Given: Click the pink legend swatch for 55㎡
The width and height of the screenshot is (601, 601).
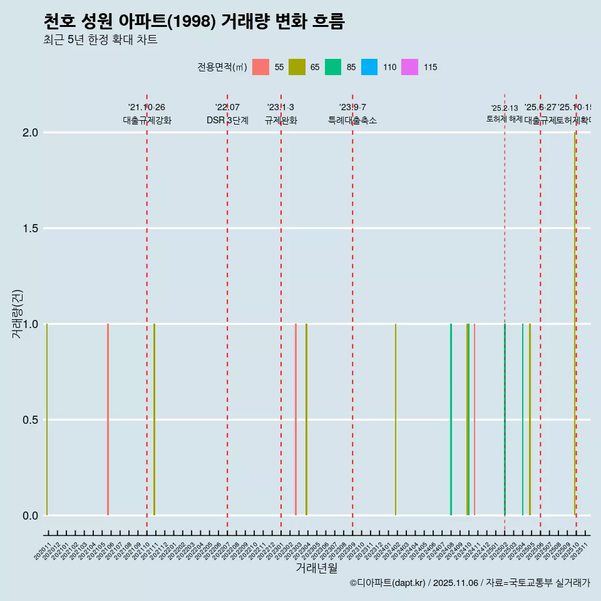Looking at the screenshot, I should [260, 67].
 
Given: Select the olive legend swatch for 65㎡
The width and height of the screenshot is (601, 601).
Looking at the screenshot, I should [297, 67].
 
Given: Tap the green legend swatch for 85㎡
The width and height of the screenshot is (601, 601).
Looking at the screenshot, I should [333, 67].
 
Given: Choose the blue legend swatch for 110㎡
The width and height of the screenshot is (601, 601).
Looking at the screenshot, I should [369, 67].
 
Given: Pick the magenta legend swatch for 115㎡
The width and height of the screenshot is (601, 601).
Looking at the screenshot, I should [409, 67].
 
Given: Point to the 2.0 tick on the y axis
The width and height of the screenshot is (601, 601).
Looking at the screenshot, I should [31, 133].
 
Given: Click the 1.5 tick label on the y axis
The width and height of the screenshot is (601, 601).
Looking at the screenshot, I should [31, 229].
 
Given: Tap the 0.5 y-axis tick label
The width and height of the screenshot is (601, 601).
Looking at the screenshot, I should [31, 420].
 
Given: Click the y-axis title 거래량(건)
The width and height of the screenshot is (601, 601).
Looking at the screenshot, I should [17, 313].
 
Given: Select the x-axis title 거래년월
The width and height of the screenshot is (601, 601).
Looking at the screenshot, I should [316, 568].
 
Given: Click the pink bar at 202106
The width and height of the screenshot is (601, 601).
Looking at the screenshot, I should [108, 419].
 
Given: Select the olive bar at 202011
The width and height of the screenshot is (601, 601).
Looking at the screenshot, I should [47, 419].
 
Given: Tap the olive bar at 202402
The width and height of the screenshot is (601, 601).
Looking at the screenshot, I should [395, 419].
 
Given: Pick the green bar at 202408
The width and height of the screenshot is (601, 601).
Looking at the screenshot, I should [451, 419].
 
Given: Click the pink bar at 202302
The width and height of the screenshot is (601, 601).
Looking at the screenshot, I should [295, 419].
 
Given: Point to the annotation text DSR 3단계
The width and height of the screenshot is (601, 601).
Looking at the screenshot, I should [227, 120].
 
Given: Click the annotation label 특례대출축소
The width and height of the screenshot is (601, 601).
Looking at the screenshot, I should [352, 120].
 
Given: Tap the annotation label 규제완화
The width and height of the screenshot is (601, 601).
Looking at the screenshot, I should [280, 120].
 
